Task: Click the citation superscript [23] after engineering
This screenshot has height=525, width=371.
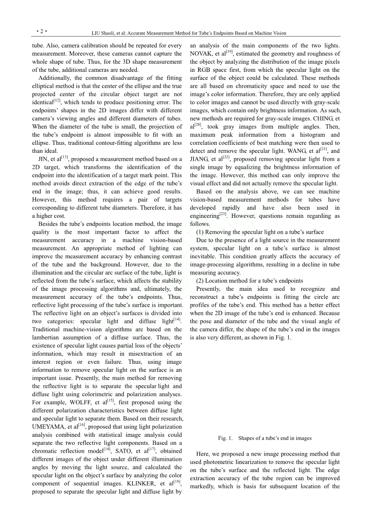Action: tap(223, 214)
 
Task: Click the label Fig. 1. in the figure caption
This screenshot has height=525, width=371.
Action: tap(225, 438)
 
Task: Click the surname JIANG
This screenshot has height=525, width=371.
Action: tap(199, 159)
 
